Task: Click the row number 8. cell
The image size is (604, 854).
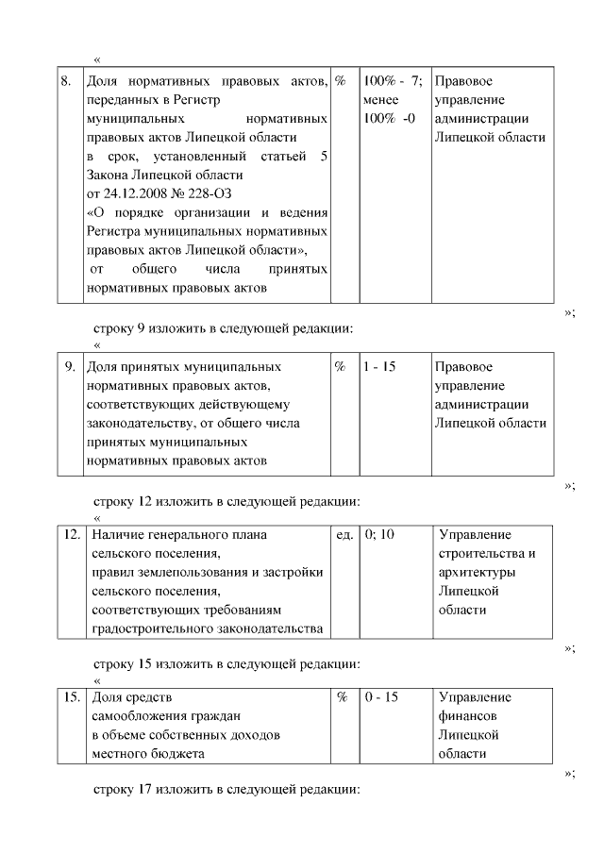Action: point(67,81)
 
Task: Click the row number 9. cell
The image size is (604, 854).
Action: point(69,366)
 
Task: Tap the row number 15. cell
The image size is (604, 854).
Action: point(72,697)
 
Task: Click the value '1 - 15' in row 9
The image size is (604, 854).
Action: point(378,366)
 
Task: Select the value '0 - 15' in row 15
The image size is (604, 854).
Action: point(381,697)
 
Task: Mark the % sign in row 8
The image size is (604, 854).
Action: point(341,81)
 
